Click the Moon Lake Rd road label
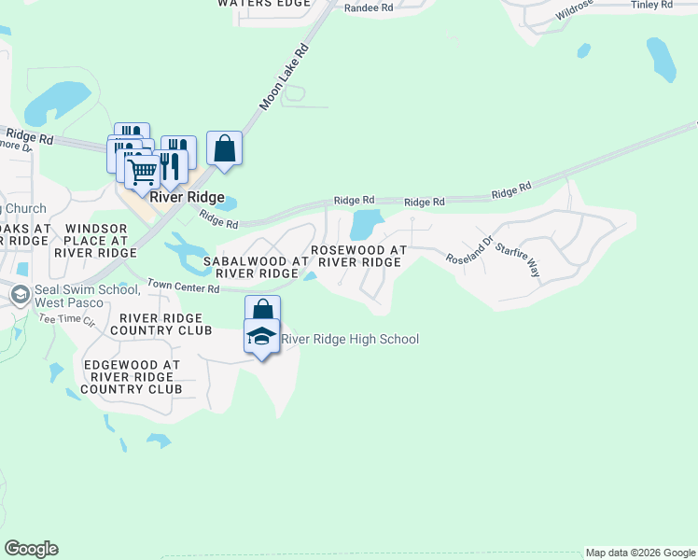click(284, 77)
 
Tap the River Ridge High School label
click(350, 339)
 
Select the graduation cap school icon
click(262, 337)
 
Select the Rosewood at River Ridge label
click(359, 256)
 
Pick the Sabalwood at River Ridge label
click(249, 267)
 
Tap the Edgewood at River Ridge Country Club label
click(131, 376)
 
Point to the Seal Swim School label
click(87, 296)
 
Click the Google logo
click(31, 549)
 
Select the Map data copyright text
click(640, 553)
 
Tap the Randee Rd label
click(369, 7)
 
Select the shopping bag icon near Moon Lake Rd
click(224, 148)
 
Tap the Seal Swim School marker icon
click(19, 296)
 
